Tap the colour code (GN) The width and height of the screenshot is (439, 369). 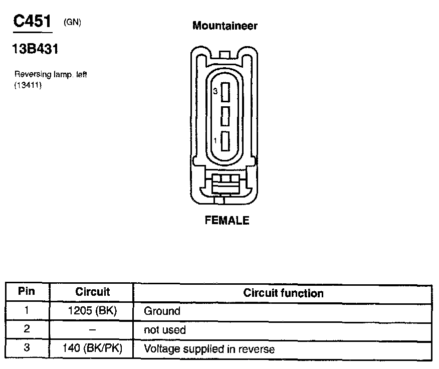[x=73, y=22]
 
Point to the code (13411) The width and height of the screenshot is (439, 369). [x=28, y=85]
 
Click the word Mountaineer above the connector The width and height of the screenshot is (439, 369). [x=225, y=26]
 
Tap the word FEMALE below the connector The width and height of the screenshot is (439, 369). [x=227, y=221]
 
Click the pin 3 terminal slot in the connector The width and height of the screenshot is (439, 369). [x=225, y=92]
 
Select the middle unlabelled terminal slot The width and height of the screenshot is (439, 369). [x=225, y=116]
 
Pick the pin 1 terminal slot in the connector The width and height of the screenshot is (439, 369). [x=225, y=141]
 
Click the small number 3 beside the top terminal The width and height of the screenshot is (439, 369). [x=215, y=92]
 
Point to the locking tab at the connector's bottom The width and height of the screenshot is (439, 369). [x=225, y=184]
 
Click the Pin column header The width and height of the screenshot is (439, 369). [x=27, y=292]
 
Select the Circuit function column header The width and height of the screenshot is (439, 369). [x=283, y=293]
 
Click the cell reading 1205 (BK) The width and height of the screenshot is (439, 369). [x=92, y=311]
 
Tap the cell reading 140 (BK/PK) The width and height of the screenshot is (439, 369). [x=92, y=348]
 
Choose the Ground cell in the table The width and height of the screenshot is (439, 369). [x=162, y=311]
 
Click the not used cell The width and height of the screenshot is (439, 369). [x=165, y=330]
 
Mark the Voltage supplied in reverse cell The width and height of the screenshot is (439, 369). [x=209, y=349]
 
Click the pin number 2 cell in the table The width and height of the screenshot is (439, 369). [x=27, y=329]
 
